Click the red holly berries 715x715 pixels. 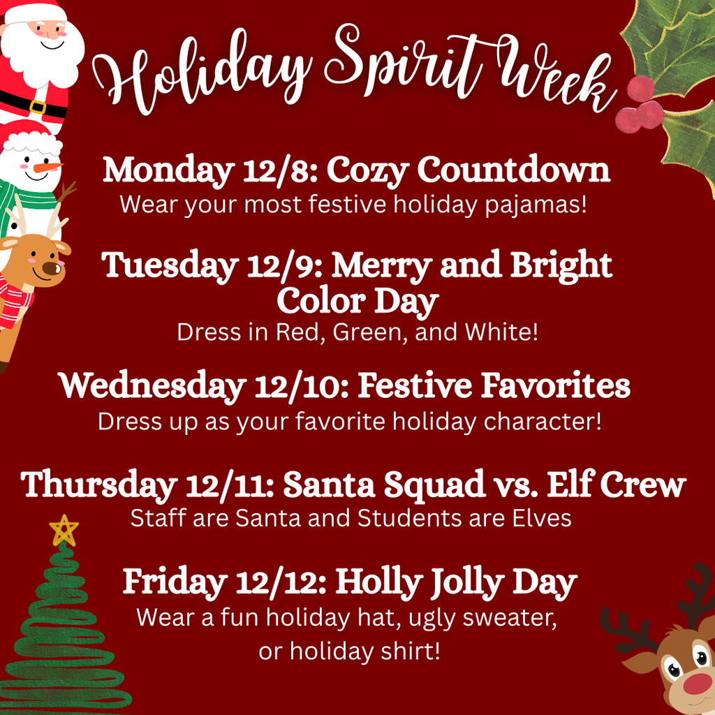[640, 105]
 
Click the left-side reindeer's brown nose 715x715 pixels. [50, 268]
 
